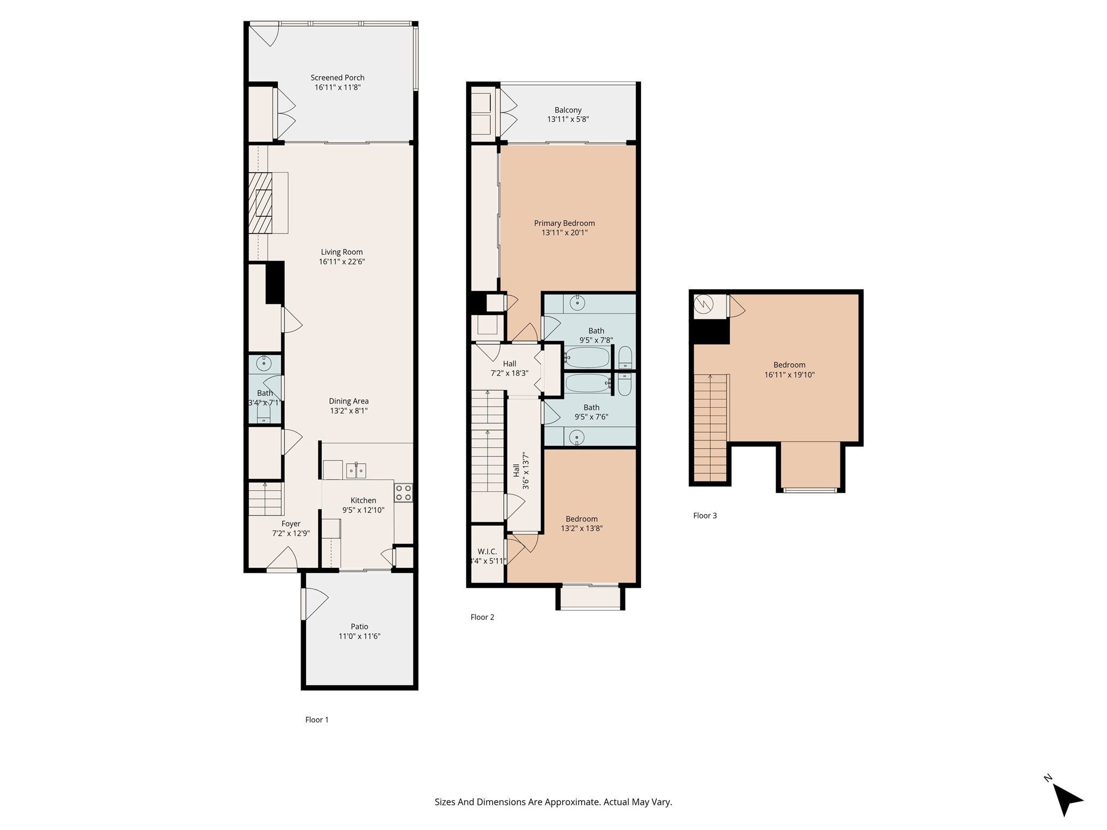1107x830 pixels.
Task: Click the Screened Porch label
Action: (x=337, y=78)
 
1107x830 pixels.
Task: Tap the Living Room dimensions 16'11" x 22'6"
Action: (x=341, y=262)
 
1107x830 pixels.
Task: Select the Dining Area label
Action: (x=349, y=401)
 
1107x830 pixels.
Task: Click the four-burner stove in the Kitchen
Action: (x=403, y=493)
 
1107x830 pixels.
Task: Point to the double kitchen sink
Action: (x=356, y=471)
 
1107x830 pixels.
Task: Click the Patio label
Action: (x=359, y=627)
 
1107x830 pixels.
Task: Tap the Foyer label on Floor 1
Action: (x=291, y=524)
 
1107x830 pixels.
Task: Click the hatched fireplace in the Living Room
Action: (x=260, y=203)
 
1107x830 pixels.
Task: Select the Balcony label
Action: (x=568, y=110)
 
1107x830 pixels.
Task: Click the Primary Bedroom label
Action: (x=564, y=223)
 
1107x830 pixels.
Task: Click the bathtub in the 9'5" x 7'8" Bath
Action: (x=588, y=357)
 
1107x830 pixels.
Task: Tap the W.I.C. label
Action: (x=487, y=552)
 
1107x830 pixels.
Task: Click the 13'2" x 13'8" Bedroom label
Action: (x=582, y=519)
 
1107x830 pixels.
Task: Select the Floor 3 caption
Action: (x=705, y=516)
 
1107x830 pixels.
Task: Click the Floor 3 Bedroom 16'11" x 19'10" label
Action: (x=789, y=365)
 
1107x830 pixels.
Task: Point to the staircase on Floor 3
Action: (x=710, y=427)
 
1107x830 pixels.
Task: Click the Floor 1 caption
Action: (x=317, y=720)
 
